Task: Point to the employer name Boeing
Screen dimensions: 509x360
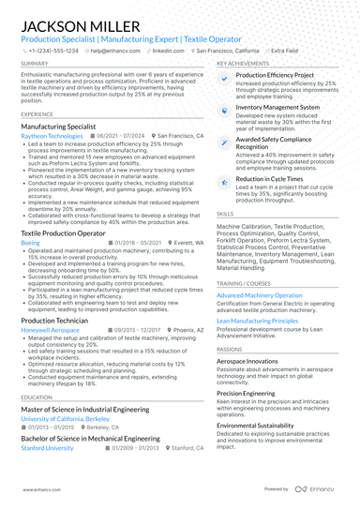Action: click(30, 242)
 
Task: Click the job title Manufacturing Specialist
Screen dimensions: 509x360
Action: click(58, 126)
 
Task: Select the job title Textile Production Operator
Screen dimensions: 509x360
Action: click(67, 232)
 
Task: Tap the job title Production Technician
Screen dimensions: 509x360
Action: click(54, 321)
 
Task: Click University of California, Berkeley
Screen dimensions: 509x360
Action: click(66, 419)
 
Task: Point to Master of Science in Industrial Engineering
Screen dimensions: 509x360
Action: click(88, 410)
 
